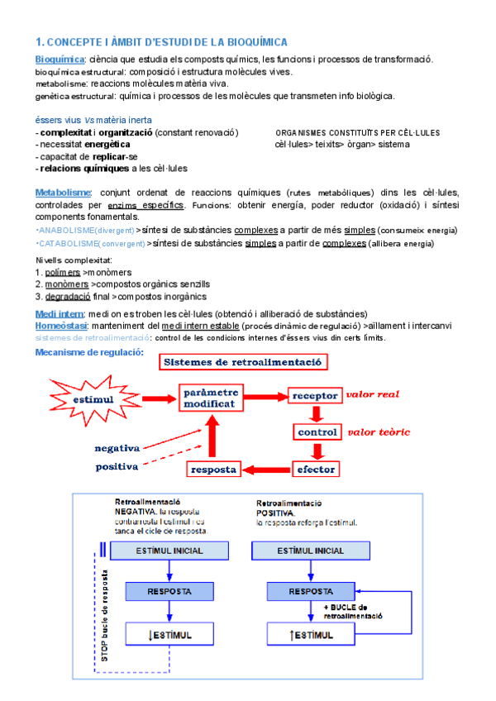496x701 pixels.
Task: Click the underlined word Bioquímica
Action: pyautogui.click(x=60, y=60)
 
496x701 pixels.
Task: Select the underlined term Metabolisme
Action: pyautogui.click(x=63, y=192)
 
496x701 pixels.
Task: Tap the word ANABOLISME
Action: pyautogui.click(x=66, y=230)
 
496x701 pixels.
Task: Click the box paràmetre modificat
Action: pyautogui.click(x=211, y=398)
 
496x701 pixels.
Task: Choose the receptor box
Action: pyautogui.click(x=315, y=395)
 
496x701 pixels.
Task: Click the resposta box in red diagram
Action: pyautogui.click(x=214, y=470)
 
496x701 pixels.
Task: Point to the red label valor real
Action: pyautogui.click(x=373, y=394)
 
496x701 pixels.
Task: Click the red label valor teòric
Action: pyautogui.click(x=379, y=432)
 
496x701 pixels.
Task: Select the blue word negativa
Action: pyautogui.click(x=117, y=447)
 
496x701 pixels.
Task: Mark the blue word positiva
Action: pyautogui.click(x=117, y=466)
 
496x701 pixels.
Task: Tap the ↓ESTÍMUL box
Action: pyautogui.click(x=169, y=635)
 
